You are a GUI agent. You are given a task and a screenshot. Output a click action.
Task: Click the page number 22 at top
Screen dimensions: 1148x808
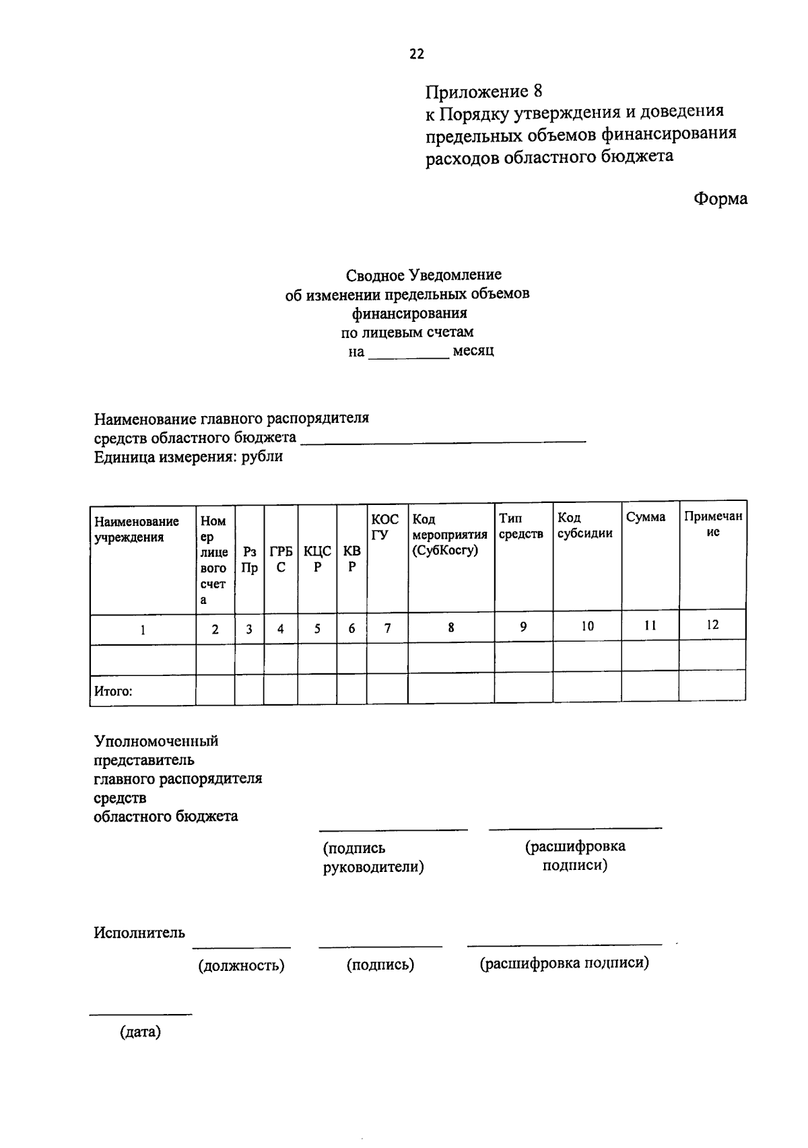(x=417, y=55)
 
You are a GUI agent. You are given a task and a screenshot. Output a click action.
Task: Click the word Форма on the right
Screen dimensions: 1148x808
(x=720, y=199)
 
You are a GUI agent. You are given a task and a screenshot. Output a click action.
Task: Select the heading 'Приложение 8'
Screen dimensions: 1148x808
(x=483, y=91)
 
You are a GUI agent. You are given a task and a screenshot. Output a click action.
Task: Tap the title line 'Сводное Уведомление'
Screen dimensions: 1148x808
(x=424, y=275)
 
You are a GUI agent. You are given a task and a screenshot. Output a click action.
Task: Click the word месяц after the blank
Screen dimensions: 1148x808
(x=473, y=351)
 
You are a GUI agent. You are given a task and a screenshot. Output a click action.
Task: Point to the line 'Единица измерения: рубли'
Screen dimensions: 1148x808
(x=188, y=457)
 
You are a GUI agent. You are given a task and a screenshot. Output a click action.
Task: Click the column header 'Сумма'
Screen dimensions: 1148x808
(x=645, y=517)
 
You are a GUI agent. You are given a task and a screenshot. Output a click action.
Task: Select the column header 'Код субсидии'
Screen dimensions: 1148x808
(x=584, y=525)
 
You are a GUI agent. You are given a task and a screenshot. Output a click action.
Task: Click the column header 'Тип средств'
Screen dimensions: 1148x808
(x=520, y=526)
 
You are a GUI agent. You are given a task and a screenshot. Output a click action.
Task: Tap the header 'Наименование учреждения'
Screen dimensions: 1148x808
(x=137, y=529)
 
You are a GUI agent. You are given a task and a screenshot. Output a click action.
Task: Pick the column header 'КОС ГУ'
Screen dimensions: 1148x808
(x=385, y=527)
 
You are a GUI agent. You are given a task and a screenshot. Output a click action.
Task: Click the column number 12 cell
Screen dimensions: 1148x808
(x=712, y=625)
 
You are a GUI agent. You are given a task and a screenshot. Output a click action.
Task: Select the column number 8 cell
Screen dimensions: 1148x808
(x=450, y=628)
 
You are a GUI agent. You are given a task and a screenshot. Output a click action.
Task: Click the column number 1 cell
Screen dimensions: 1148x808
(x=143, y=630)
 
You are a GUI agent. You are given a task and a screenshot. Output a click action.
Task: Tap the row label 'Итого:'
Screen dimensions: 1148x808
(x=113, y=691)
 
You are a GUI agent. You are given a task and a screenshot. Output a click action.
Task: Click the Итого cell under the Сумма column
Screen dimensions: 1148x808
(x=649, y=687)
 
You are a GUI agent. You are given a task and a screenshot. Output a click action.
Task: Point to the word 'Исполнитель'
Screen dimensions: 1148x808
(x=139, y=933)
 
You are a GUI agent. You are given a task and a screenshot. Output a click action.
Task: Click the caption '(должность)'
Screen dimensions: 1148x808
(x=241, y=966)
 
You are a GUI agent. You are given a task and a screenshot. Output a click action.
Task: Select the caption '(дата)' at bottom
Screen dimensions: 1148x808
(x=140, y=1032)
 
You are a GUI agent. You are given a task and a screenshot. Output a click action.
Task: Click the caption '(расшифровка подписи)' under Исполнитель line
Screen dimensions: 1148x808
(x=564, y=964)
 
